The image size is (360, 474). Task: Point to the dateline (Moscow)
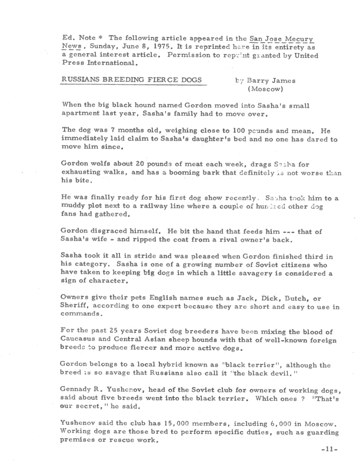tap(267, 89)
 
